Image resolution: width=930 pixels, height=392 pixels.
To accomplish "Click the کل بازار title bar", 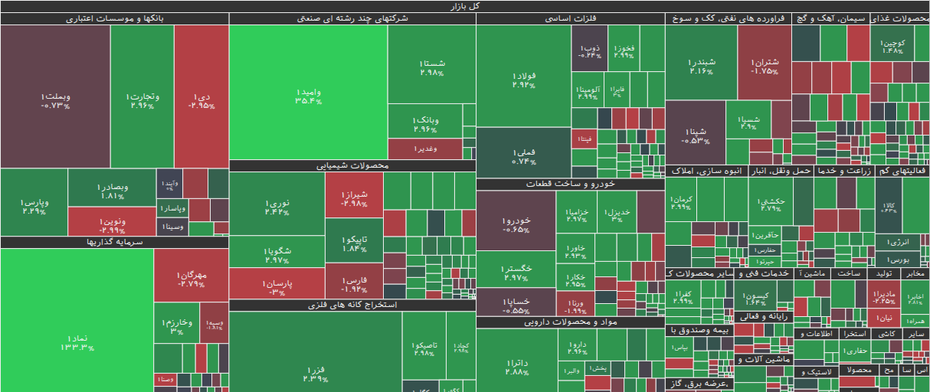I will point(465,6).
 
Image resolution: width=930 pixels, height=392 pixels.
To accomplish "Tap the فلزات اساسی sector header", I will point(570,18).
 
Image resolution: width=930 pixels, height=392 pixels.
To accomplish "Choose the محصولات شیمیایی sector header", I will point(352,165).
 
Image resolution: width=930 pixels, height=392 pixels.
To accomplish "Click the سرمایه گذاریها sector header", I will point(115,242).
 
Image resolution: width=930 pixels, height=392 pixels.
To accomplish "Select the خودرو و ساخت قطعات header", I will point(570,185).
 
